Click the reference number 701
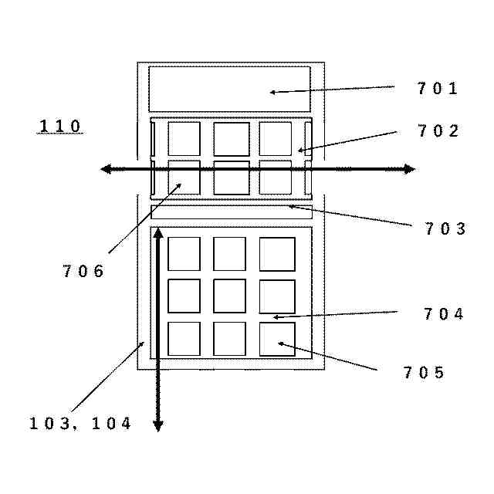point(438,89)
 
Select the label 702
point(438,131)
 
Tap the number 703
point(445,228)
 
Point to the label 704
point(444,313)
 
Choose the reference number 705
point(424,373)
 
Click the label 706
point(83,271)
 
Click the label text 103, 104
point(81,423)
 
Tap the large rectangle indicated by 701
point(229,89)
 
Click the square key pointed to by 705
point(277,339)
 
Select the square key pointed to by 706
point(184,178)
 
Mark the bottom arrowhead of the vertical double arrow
point(158,425)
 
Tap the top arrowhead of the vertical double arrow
point(158,232)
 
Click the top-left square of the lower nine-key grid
point(184,254)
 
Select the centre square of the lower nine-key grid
point(229,296)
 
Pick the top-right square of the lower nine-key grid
point(277,254)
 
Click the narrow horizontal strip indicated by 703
point(231,212)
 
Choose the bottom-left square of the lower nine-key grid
point(184,339)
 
